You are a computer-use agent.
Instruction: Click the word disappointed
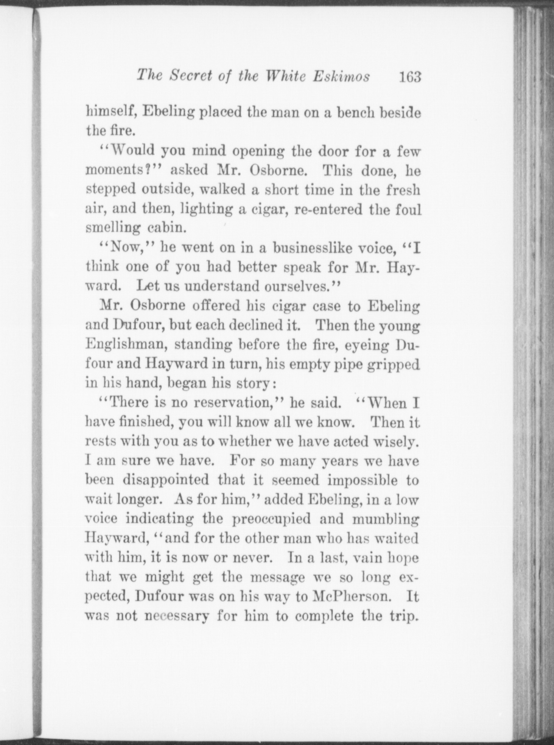point(166,480)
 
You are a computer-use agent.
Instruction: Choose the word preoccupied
point(271,519)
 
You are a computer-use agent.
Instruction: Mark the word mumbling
point(385,519)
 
